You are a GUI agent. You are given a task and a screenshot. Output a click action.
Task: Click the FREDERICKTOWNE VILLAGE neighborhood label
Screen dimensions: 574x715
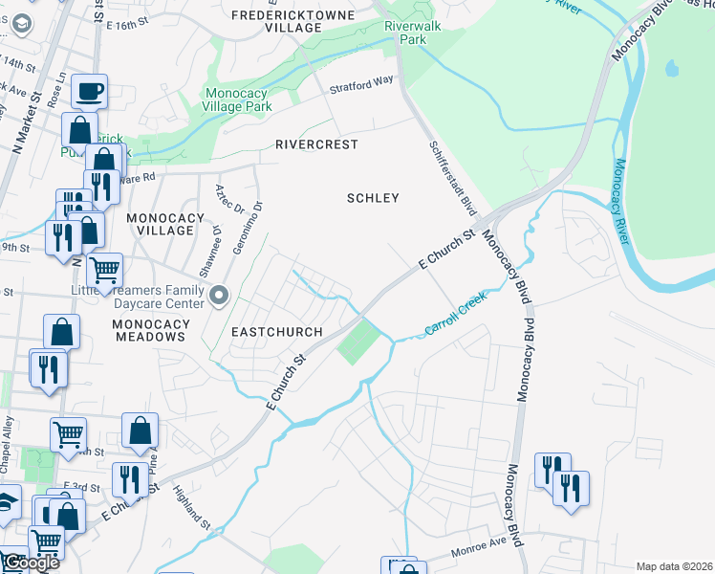291,21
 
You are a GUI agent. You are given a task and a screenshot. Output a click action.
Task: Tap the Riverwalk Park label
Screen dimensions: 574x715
412,33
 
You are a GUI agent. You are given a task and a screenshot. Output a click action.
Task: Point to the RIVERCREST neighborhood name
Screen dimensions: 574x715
316,144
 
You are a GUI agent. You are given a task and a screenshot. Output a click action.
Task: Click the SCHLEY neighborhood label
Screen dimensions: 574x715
372,198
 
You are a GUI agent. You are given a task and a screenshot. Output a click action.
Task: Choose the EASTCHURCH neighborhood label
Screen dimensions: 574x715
276,331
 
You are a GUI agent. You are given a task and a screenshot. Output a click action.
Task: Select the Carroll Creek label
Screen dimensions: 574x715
456,315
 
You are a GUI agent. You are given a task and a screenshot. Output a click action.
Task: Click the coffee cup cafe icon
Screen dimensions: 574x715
90,92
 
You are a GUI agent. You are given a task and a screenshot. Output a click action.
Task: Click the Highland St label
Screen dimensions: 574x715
191,507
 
